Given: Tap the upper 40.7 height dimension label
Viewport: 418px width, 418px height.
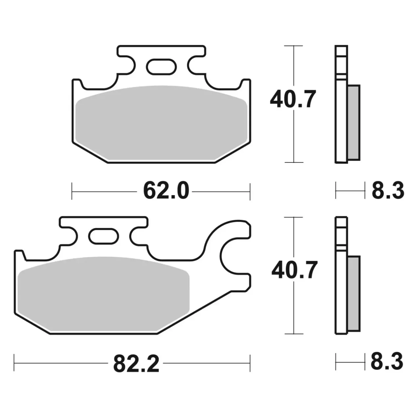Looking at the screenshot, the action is pyautogui.click(x=292, y=100).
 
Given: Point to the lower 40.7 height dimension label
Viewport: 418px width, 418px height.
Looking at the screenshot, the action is pyautogui.click(x=294, y=270).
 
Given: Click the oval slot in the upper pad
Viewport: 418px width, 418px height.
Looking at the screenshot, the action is pyautogui.click(x=161, y=67).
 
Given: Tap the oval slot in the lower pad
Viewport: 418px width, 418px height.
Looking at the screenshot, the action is pyautogui.click(x=104, y=236).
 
